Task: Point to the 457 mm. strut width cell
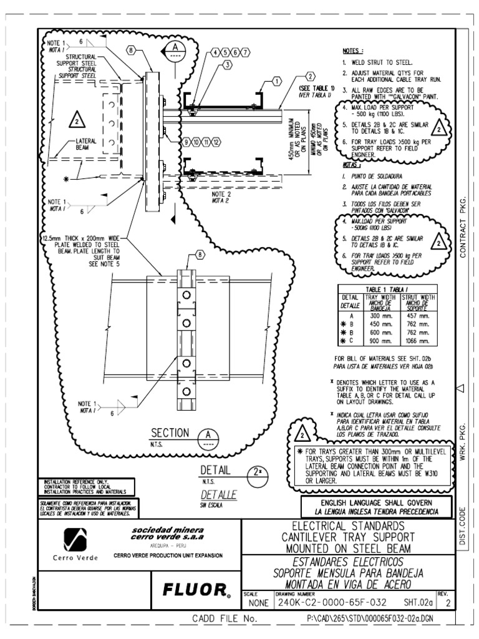pyautogui.click(x=419, y=316)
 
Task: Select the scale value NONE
pyautogui.click(x=257, y=603)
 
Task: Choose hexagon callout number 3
pyautogui.click(x=227, y=64)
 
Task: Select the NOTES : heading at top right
pyautogui.click(x=354, y=50)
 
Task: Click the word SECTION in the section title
pyautogui.click(x=169, y=433)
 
